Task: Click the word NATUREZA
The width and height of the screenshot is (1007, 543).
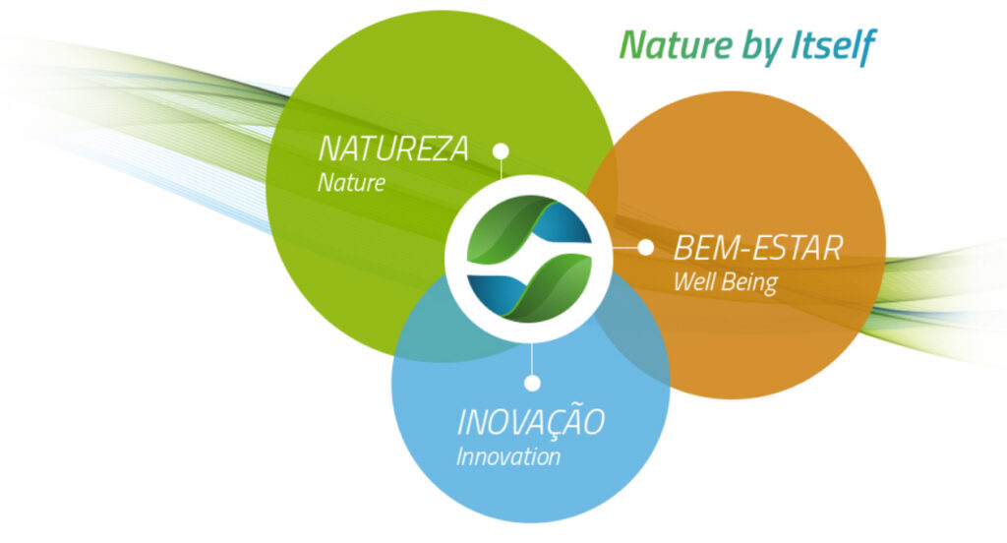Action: [393, 149]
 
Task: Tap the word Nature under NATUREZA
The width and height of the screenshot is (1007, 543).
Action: [351, 183]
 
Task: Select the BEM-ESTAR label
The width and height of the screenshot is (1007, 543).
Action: [758, 248]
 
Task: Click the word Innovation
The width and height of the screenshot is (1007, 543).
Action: [508, 456]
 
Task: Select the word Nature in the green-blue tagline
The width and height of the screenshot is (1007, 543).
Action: [676, 45]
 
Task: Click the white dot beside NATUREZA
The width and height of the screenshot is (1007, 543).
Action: [501, 151]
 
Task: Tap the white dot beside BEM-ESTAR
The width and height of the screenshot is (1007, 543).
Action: [645, 248]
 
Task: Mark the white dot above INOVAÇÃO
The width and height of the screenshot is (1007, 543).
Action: [532, 383]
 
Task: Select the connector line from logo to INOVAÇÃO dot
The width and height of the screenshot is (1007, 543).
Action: [532, 359]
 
